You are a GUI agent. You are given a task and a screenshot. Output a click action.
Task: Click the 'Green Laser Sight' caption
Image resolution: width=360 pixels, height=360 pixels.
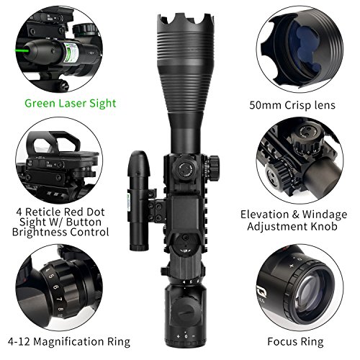pos(71,104)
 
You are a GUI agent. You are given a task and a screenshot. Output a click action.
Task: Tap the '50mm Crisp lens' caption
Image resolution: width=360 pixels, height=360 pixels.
pos(292,105)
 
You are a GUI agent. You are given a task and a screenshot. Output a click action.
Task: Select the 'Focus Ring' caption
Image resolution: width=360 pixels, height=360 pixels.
pos(295,341)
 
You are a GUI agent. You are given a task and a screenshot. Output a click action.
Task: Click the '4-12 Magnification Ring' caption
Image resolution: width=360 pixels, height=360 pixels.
pos(69,341)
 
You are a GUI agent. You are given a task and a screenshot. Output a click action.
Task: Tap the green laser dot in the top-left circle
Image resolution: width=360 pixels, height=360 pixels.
pos(18,50)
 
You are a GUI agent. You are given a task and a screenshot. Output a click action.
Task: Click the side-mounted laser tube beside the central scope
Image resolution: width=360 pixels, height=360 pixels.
pos(139,201)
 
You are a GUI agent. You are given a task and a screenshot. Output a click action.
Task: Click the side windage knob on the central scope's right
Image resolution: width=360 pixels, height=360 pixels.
pos(213,168)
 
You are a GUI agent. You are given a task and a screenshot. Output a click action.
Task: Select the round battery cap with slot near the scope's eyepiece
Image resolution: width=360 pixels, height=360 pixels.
pos(186,311)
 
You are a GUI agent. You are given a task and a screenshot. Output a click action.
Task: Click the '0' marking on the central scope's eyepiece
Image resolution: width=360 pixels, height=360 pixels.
pos(186,336)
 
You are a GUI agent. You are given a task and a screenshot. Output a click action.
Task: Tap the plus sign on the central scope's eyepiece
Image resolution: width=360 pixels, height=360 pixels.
pos(178,336)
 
